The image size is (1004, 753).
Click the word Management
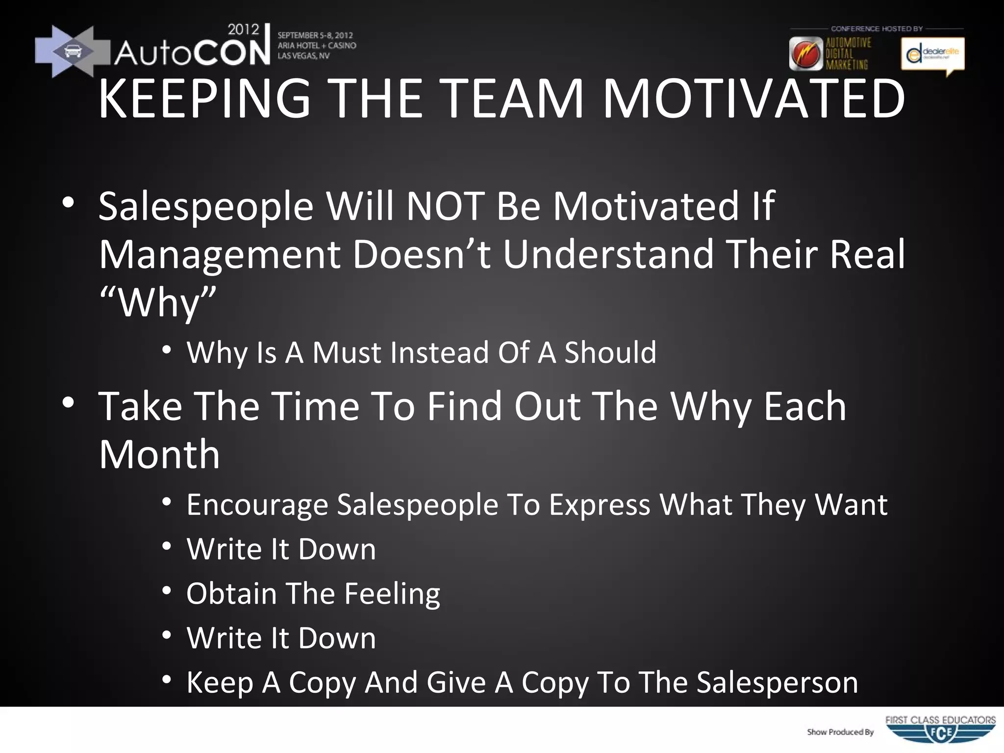pyautogui.click(x=220, y=255)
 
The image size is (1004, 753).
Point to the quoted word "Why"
pyautogui.click(x=157, y=303)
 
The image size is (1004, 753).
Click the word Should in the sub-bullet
pyautogui.click(x=610, y=352)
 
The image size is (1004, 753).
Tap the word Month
pyautogui.click(x=159, y=454)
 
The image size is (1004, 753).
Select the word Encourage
pyautogui.click(x=257, y=504)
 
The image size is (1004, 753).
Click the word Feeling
pyautogui.click(x=392, y=594)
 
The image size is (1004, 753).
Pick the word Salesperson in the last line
pyautogui.click(x=777, y=682)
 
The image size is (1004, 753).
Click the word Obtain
pyautogui.click(x=231, y=594)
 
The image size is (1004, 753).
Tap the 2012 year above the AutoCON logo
pyautogui.click(x=243, y=29)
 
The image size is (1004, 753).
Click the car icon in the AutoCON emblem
pyautogui.click(x=73, y=51)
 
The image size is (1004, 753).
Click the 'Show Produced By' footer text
pyautogui.click(x=840, y=732)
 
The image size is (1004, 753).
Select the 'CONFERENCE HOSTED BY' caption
pyautogui.click(x=877, y=29)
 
